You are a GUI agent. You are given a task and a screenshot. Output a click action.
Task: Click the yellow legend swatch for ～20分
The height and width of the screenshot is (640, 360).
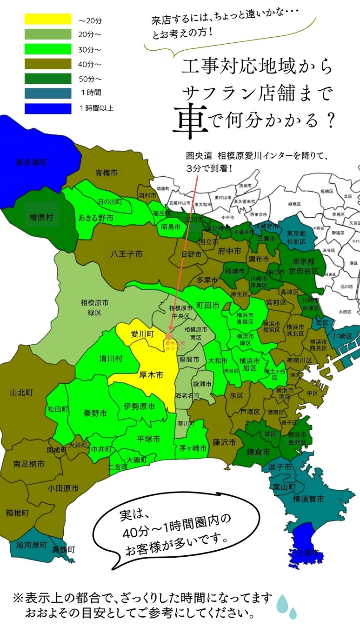48,19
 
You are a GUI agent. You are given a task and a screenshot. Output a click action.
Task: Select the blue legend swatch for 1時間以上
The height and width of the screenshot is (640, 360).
48,108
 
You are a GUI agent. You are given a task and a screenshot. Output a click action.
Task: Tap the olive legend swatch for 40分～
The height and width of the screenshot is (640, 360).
48,64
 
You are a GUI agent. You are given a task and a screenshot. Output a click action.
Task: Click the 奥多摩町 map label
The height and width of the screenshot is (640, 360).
32,162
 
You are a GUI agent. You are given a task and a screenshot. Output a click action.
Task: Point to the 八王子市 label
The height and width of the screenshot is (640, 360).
127,254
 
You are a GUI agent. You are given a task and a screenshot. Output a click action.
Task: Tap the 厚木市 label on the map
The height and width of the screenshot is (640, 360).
151,375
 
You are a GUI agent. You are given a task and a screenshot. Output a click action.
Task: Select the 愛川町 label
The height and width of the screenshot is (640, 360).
142,334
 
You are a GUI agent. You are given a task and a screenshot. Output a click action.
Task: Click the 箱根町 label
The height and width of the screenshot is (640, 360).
17,513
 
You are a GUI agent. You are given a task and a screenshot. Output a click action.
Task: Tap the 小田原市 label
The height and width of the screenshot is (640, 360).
63,488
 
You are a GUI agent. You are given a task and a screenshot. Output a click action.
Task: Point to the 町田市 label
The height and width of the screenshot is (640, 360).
207,306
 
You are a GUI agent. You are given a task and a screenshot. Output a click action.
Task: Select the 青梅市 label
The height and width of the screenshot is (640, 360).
107,173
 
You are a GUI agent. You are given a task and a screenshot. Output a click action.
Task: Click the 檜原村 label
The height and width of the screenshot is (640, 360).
41,217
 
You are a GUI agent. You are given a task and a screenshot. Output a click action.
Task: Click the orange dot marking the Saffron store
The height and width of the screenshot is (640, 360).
169,335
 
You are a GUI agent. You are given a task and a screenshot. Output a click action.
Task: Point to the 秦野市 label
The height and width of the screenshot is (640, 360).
95,413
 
